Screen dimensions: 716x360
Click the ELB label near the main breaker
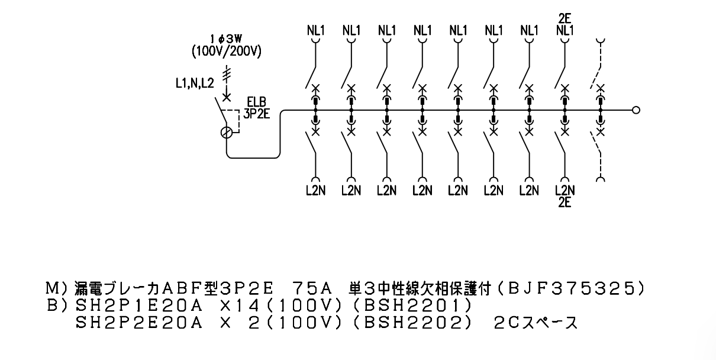point(256,102)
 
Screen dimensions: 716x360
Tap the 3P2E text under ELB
point(256,114)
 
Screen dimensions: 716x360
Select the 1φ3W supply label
point(226,39)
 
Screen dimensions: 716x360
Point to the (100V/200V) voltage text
point(226,51)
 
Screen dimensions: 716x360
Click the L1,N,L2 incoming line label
point(195,83)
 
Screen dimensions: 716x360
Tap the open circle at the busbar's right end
point(636,110)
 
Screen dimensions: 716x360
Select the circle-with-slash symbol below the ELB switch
point(227,133)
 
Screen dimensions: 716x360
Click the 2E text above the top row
point(565,18)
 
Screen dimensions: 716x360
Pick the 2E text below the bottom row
point(565,202)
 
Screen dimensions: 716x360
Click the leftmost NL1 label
point(316,31)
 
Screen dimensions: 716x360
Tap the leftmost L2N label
point(316,191)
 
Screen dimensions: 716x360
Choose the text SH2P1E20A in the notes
point(140,306)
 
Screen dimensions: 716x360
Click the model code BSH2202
point(412,323)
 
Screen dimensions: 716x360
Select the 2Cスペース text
point(536,323)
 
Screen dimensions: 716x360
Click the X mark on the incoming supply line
point(227,97)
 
